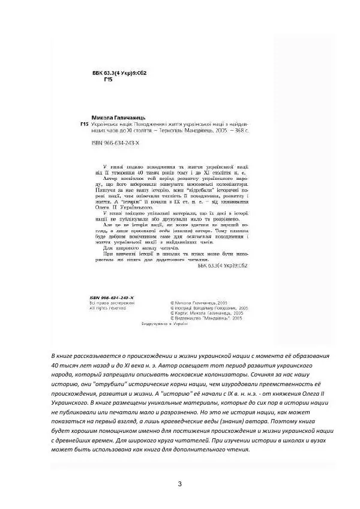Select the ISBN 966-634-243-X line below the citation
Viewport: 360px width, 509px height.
click(x=113, y=144)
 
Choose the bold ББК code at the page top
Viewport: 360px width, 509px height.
click(x=117, y=73)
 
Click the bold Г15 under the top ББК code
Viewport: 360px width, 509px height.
click(x=108, y=80)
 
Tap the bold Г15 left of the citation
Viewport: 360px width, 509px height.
click(x=85, y=124)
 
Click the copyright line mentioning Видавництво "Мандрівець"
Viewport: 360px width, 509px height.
click(x=206, y=318)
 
